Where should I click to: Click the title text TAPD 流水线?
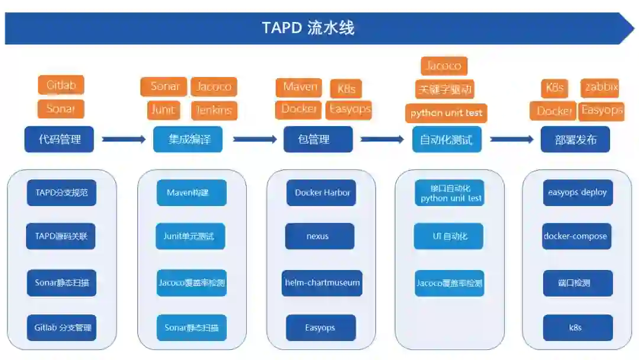click(308, 28)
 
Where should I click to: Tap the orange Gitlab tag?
click(61, 85)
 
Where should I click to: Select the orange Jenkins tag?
click(214, 110)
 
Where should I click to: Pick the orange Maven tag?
click(299, 87)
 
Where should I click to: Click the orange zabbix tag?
click(601, 88)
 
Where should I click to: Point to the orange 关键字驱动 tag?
click(445, 89)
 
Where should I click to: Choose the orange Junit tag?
click(163, 110)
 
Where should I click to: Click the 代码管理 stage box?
click(59, 140)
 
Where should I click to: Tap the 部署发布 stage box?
click(575, 140)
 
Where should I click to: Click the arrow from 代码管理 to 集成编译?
click(124, 139)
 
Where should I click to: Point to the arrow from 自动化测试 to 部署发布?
click(511, 139)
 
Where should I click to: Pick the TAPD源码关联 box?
click(62, 236)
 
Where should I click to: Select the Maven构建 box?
click(192, 192)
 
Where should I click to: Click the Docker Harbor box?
click(321, 192)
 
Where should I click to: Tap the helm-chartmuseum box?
click(322, 282)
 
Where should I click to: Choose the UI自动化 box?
click(449, 236)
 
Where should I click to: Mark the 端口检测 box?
click(577, 282)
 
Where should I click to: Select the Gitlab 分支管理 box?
click(62, 327)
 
